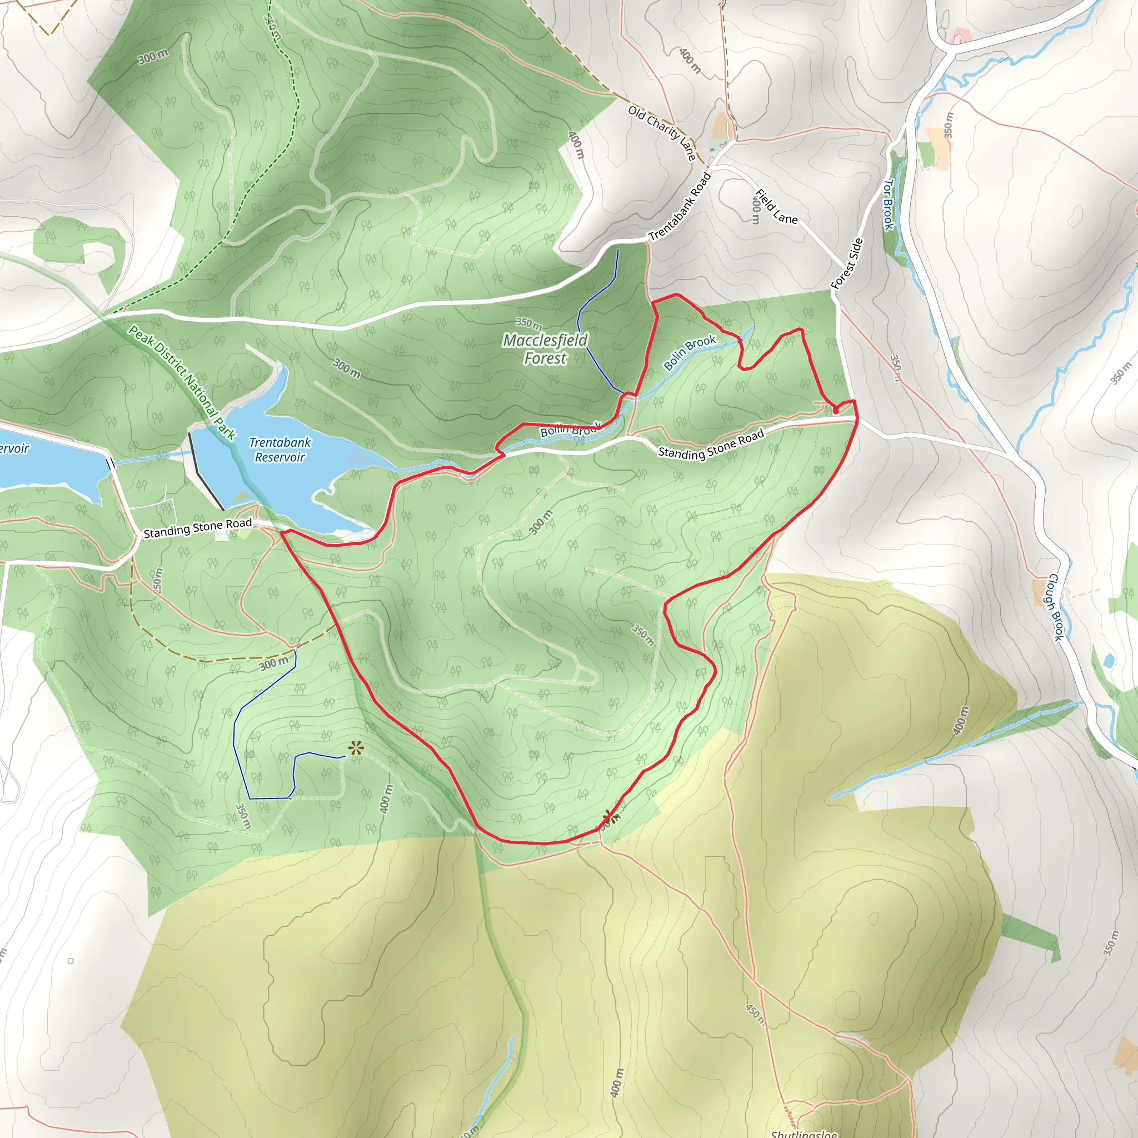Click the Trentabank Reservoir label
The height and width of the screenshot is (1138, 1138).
coord(280,450)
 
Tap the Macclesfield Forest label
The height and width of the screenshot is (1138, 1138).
coord(545,349)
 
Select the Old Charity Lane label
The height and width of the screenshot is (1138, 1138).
coord(662,133)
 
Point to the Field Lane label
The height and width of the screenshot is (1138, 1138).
coord(776,207)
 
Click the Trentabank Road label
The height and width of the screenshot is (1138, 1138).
coord(680,207)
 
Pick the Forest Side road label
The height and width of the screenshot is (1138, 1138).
coord(847,263)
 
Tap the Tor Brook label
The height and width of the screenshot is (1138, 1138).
coord(889,204)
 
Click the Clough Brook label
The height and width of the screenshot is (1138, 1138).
coord(1056,607)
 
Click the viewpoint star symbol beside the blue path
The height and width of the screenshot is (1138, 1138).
coord(356,748)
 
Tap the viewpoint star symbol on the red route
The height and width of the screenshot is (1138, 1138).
coord(611,817)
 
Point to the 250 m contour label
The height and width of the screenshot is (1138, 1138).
coord(157,580)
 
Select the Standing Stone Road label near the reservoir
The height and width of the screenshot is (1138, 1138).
coord(197,528)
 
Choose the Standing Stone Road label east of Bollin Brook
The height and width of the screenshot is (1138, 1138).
coord(710,443)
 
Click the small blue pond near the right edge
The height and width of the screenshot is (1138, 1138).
coord(1109,660)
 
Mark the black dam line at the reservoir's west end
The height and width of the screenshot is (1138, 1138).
coord(205,471)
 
